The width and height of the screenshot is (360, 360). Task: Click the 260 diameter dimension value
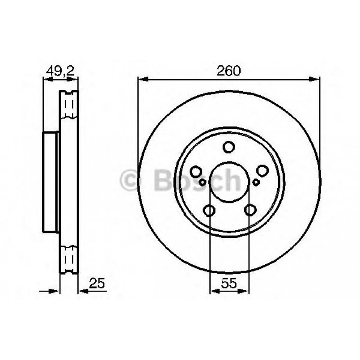(x=229, y=71)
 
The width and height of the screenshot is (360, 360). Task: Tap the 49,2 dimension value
(x=60, y=72)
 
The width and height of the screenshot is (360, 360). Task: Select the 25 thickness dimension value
(x=97, y=283)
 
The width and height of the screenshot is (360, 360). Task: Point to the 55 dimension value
(x=229, y=283)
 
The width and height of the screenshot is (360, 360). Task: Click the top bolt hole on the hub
(x=229, y=147)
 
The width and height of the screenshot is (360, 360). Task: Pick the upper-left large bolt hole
(x=196, y=172)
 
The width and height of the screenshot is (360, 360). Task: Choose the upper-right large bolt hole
(x=262, y=171)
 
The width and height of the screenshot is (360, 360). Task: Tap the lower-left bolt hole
(x=209, y=210)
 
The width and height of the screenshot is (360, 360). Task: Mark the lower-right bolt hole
(x=250, y=210)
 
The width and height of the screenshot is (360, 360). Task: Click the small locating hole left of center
(x=202, y=182)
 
